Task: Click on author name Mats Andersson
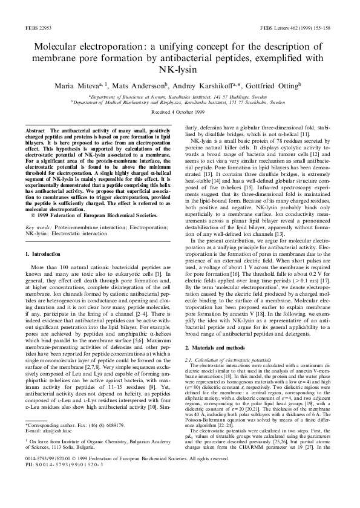144,86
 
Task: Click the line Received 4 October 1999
180,113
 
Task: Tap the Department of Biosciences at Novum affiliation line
180,97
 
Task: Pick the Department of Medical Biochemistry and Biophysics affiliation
180,103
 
